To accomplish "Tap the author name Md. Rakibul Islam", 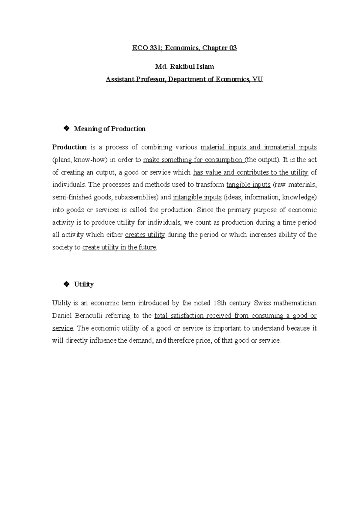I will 184,67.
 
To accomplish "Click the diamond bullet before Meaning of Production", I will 66,129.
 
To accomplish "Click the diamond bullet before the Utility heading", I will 66,284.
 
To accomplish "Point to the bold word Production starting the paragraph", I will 69,147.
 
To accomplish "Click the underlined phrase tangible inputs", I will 248,185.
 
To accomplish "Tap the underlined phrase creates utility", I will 145,235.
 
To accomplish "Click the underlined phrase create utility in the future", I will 119,247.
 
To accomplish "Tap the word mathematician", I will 295,303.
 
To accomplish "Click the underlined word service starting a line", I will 62,328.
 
